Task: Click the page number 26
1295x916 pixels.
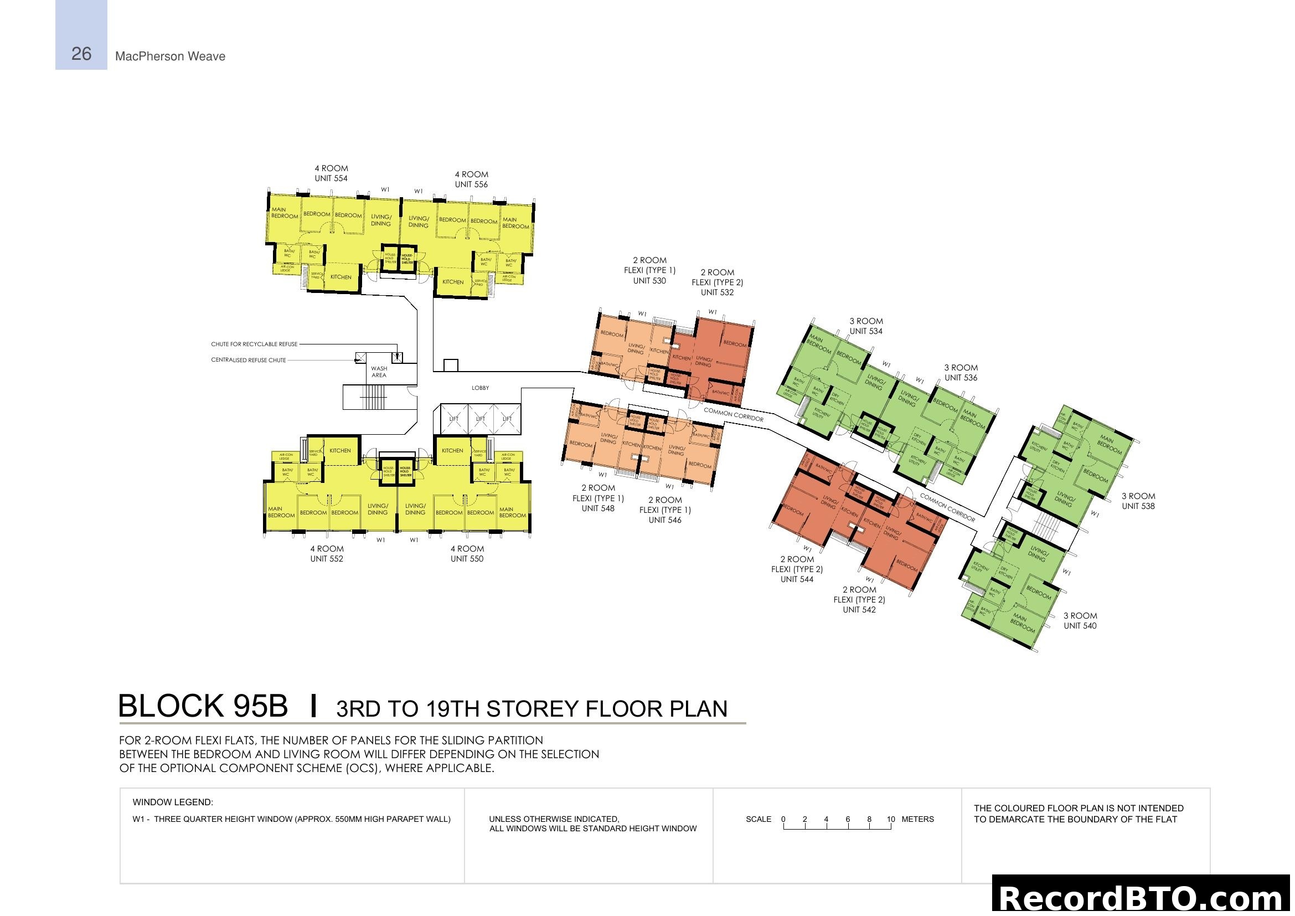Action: (81, 54)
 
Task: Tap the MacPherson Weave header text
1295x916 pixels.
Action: (170, 56)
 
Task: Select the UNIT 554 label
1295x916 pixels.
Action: (331, 178)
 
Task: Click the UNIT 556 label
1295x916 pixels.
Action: (471, 184)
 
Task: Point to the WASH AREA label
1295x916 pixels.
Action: (379, 372)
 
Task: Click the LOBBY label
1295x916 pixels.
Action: (480, 388)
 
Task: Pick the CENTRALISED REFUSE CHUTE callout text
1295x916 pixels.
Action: (248, 360)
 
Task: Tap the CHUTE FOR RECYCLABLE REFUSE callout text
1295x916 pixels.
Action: (254, 344)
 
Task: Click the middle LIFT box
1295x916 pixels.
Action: (480, 419)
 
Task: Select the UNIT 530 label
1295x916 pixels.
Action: (649, 280)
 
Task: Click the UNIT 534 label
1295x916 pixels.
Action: (866, 331)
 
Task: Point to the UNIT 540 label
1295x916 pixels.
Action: (1080, 625)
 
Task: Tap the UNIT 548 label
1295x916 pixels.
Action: (598, 508)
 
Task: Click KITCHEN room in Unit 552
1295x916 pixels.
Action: (339, 451)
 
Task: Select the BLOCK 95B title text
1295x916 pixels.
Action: (203, 706)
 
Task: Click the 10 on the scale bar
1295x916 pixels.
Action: (891, 819)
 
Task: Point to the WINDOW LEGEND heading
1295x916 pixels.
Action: (173, 802)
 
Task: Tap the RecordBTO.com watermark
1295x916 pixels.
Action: (1142, 898)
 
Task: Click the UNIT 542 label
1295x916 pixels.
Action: (859, 610)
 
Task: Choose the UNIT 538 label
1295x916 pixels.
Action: (1138, 507)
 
